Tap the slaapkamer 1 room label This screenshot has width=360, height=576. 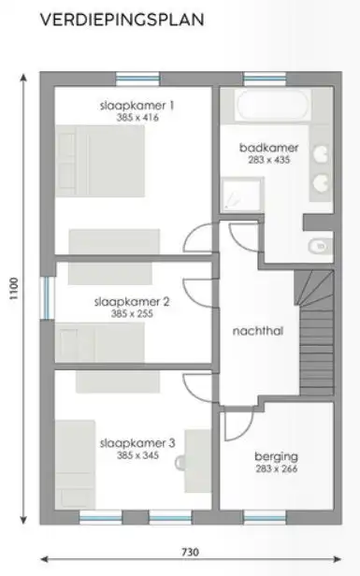click(137, 106)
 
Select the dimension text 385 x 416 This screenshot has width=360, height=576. click(137, 119)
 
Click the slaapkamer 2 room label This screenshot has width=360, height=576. click(131, 302)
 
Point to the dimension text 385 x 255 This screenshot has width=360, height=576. click(131, 314)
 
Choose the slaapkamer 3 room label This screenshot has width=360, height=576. click(137, 443)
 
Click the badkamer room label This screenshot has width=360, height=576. click(267, 148)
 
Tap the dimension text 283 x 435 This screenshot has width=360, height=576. click(267, 160)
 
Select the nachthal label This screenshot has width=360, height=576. click(257, 330)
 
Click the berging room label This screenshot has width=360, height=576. click(276, 456)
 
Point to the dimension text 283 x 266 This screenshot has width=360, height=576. click(276, 468)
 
